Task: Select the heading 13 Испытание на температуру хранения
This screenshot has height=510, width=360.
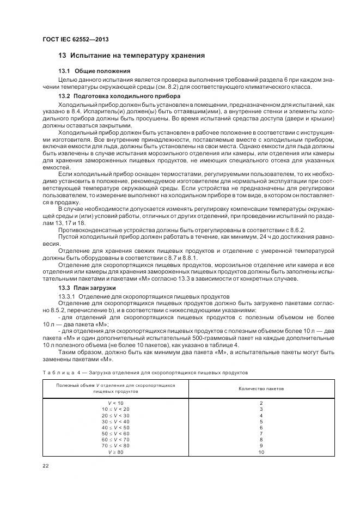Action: pos(131,55)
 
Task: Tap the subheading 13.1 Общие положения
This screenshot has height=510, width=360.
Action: pos(94,71)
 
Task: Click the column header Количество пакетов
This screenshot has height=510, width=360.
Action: pos(261,388)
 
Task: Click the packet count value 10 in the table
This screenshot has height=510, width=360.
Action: pos(261,452)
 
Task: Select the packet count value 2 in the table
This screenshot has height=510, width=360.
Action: pos(261,403)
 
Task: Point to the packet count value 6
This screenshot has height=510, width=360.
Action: pos(261,427)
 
